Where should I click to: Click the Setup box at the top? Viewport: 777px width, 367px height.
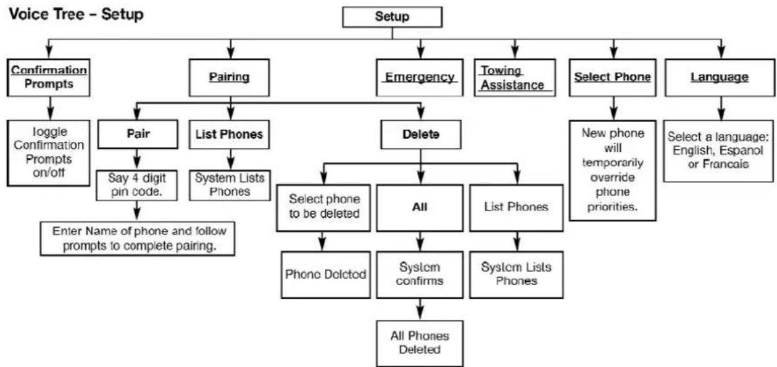pos(392,17)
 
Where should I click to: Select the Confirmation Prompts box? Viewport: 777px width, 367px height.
pos(49,77)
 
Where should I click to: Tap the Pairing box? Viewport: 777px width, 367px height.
pos(229,77)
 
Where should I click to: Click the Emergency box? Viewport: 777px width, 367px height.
pos(420,77)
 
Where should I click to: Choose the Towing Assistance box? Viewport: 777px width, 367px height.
pos(514,77)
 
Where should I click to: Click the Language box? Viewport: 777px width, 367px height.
pos(719,77)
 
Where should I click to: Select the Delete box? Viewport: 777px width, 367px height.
pos(420,135)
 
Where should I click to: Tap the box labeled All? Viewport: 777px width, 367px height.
pos(420,208)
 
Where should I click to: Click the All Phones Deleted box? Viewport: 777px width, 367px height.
pos(420,343)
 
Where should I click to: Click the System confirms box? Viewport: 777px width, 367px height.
pos(420,275)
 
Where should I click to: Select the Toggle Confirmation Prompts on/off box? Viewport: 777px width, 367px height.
pos(49,152)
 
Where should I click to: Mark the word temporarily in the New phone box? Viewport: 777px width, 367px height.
pos(613,162)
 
